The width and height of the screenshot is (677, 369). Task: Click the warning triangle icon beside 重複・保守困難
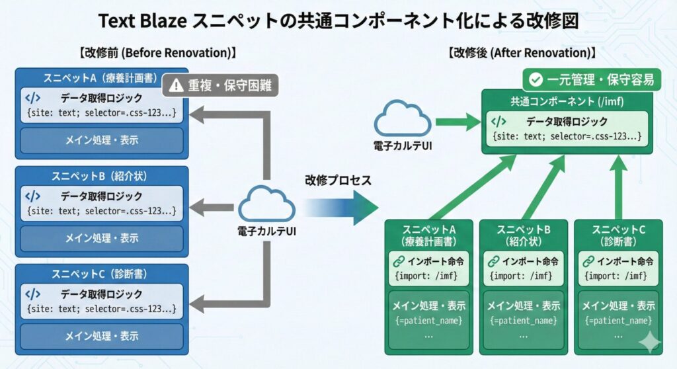click(176, 85)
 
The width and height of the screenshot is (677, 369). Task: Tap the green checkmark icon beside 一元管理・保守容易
click(536, 80)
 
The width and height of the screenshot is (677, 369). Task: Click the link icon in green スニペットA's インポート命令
click(399, 261)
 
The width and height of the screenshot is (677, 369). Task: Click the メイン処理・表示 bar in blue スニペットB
click(101, 238)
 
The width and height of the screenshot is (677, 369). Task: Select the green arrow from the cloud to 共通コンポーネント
click(457, 121)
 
